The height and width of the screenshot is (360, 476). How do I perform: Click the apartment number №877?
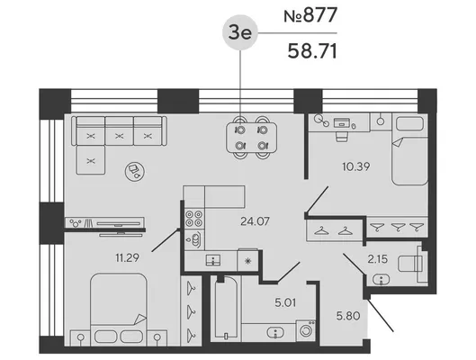click(x=310, y=15)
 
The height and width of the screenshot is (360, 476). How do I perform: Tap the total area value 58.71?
click(x=312, y=51)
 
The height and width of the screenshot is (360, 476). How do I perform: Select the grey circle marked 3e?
click(x=240, y=32)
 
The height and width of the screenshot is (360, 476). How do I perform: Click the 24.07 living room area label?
click(x=255, y=221)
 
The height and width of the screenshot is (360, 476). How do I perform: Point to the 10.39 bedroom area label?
click(x=355, y=166)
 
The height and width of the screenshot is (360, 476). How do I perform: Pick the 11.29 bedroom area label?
click(x=127, y=258)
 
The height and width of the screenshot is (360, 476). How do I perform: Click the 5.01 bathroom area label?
click(x=285, y=302)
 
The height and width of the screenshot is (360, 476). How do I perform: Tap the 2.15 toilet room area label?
click(x=378, y=259)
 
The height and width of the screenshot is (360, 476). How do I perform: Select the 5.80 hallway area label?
click(x=348, y=316)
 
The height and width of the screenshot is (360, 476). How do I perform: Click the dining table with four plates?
click(x=251, y=138)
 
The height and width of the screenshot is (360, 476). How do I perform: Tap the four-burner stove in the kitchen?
click(x=194, y=219)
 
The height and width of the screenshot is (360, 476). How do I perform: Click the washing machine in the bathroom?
click(x=305, y=329)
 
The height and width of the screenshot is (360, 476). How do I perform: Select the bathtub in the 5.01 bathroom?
click(x=226, y=308)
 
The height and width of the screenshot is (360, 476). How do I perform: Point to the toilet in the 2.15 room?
click(x=412, y=264)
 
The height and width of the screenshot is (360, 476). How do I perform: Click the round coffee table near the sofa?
click(x=135, y=171)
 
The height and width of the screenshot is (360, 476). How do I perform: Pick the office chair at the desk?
click(x=342, y=136)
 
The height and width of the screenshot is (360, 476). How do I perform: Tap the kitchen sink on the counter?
click(x=213, y=260)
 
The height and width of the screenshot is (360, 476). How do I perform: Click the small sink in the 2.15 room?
click(x=382, y=280)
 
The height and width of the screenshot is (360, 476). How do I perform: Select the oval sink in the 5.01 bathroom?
click(x=275, y=333)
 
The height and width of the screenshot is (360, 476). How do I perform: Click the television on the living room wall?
click(x=121, y=224)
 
